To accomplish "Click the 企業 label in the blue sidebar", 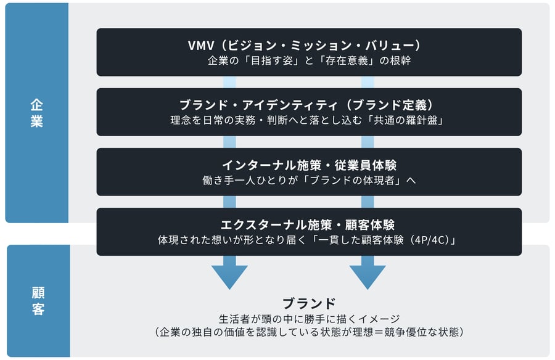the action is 36,113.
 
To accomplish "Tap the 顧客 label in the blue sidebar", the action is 38,301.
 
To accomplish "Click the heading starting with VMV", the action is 305,46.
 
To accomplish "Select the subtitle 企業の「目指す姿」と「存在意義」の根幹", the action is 309,60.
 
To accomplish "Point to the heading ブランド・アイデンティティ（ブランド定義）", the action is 306,105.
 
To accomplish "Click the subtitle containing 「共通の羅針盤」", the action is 306,120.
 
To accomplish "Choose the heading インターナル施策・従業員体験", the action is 309,165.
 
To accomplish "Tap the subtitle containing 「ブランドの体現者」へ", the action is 309,180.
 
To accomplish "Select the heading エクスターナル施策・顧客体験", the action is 307,225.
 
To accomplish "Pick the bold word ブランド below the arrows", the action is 309,303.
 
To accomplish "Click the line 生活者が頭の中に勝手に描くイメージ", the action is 309,319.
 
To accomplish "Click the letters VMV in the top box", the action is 201,46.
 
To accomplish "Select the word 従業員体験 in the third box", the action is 365,165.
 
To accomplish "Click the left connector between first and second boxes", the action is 229,82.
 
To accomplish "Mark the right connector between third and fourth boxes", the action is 368,202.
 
